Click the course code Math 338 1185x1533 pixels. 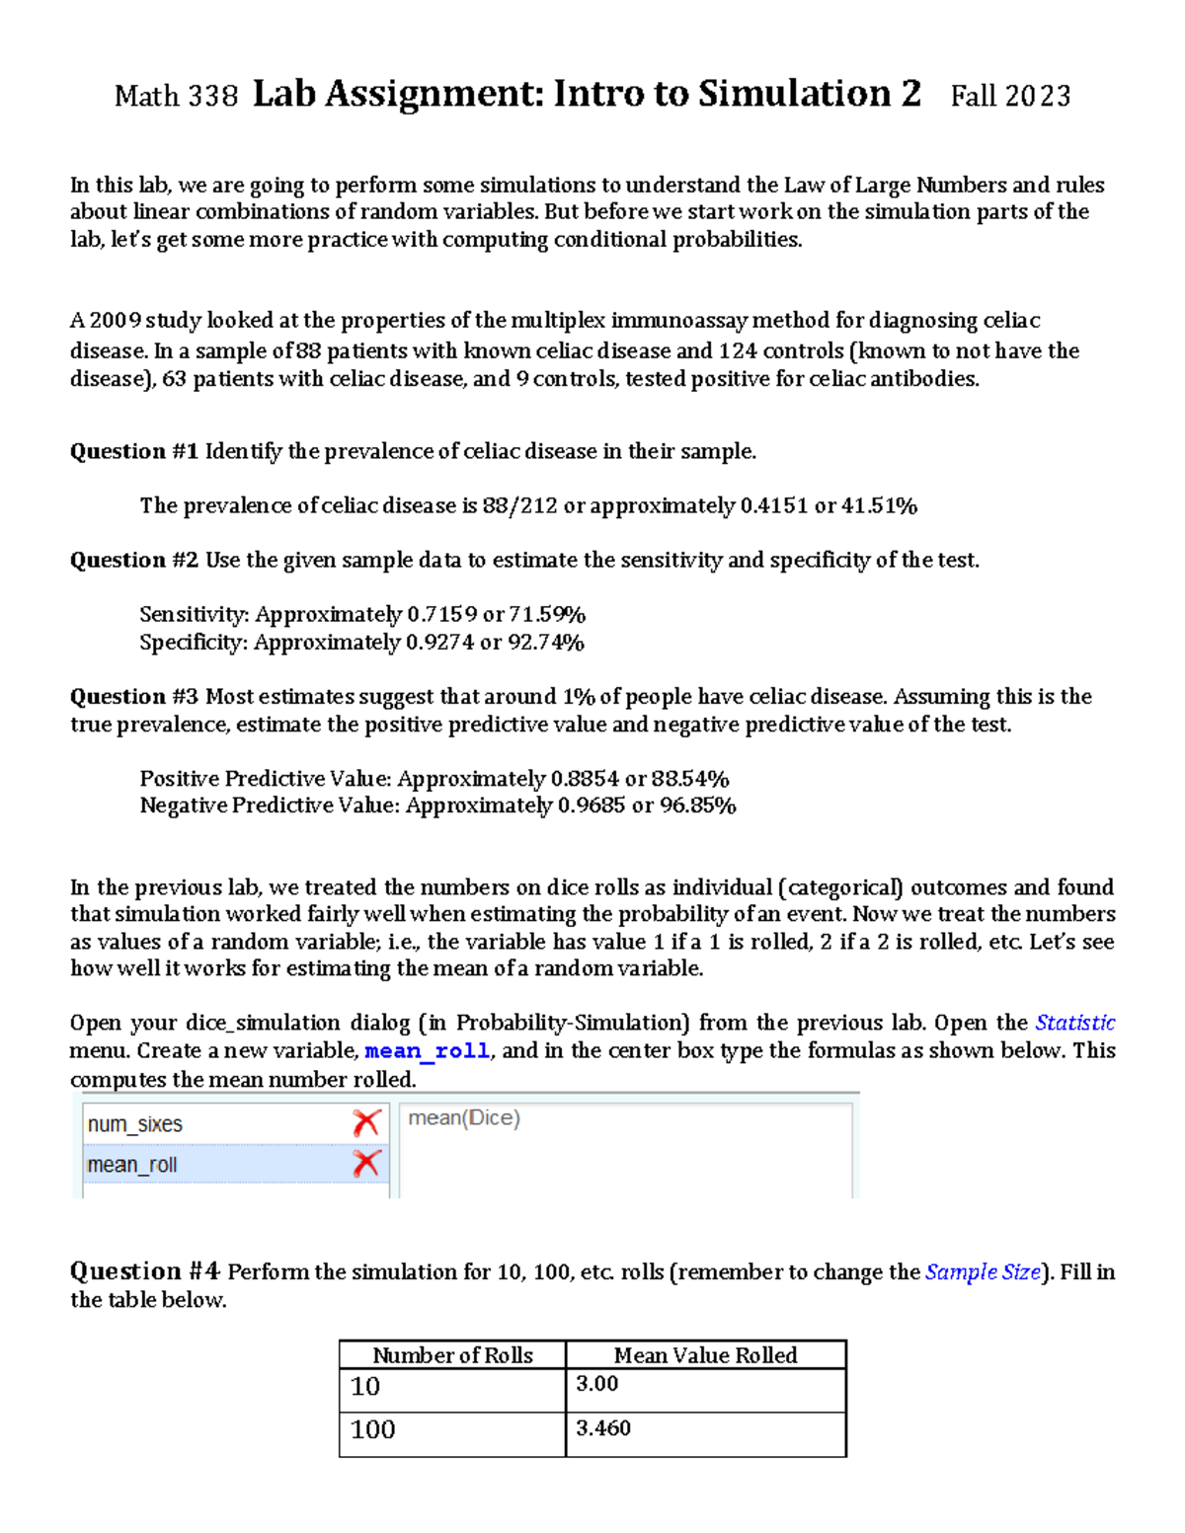tap(176, 97)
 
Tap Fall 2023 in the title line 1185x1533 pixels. tap(1010, 96)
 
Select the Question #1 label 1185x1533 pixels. tap(134, 452)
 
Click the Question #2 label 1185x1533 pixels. tap(134, 561)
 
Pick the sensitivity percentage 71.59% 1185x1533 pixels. tap(547, 615)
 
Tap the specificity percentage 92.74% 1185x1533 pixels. tap(545, 643)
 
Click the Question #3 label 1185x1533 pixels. tap(134, 697)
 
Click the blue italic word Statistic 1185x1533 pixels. tap(1074, 1023)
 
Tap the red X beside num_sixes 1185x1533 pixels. tap(366, 1123)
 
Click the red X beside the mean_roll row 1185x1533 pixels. tap(366, 1164)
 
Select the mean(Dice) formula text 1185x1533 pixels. tap(464, 1118)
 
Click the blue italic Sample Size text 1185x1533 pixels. tap(983, 1272)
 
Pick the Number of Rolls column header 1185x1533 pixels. tap(452, 1355)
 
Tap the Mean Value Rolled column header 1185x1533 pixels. tap(705, 1355)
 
